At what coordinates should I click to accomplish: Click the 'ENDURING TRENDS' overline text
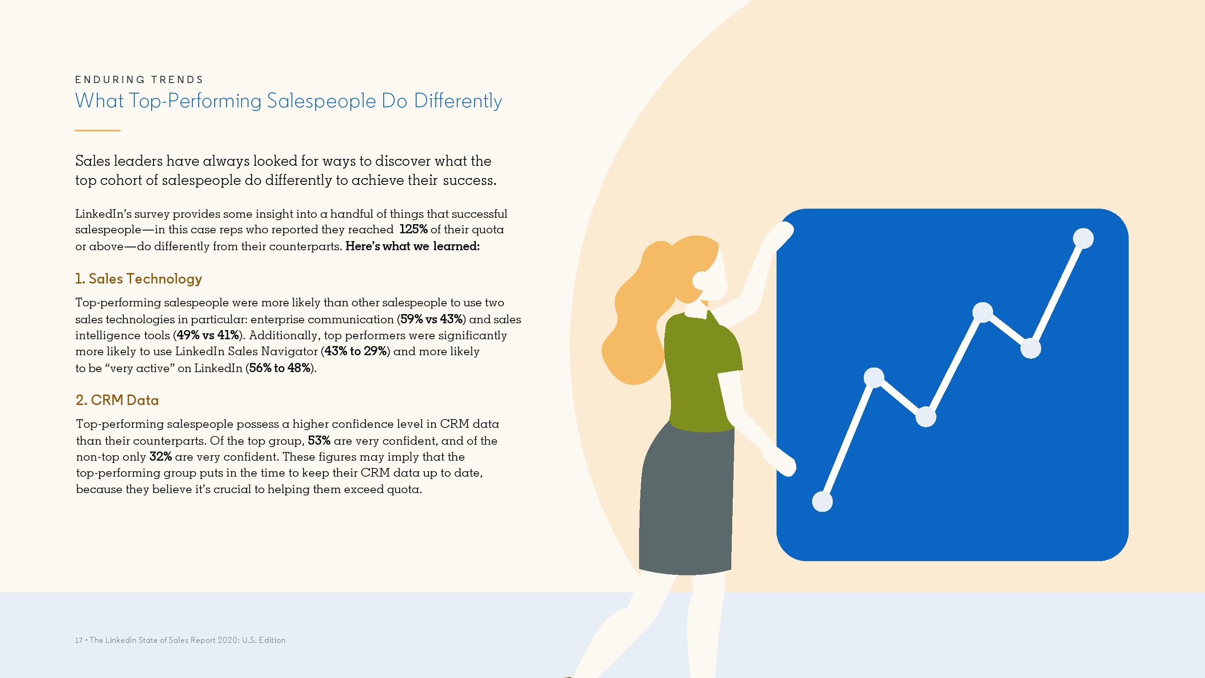click(x=139, y=79)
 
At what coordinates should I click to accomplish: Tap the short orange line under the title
click(x=98, y=131)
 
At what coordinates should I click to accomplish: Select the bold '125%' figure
click(x=413, y=229)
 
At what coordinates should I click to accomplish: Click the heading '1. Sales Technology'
click(x=138, y=279)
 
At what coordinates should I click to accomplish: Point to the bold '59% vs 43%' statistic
click(x=431, y=319)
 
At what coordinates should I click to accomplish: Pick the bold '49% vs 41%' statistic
click(x=208, y=335)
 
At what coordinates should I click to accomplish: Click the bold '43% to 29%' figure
click(x=355, y=351)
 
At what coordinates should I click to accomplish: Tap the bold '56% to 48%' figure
click(x=280, y=368)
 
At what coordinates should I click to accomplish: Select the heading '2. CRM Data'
click(x=117, y=400)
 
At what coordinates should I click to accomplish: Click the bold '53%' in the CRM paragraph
click(x=319, y=441)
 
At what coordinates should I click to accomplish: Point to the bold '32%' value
click(x=160, y=457)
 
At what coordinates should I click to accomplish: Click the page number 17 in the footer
click(x=79, y=640)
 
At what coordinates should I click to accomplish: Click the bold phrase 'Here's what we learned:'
click(x=412, y=246)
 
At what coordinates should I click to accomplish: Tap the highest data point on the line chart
click(x=1083, y=238)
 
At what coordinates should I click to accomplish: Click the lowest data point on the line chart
click(x=822, y=502)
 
